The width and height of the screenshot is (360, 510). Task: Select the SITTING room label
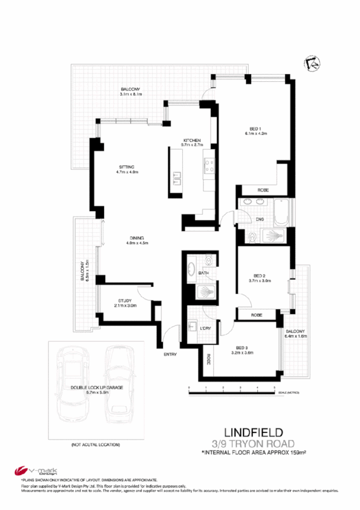click(x=126, y=167)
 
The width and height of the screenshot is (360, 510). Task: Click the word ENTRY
click(x=170, y=354)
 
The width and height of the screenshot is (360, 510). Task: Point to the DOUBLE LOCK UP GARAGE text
click(x=96, y=388)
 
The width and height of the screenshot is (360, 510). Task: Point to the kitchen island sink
click(x=177, y=177)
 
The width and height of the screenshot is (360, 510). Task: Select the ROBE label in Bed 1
click(x=263, y=190)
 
